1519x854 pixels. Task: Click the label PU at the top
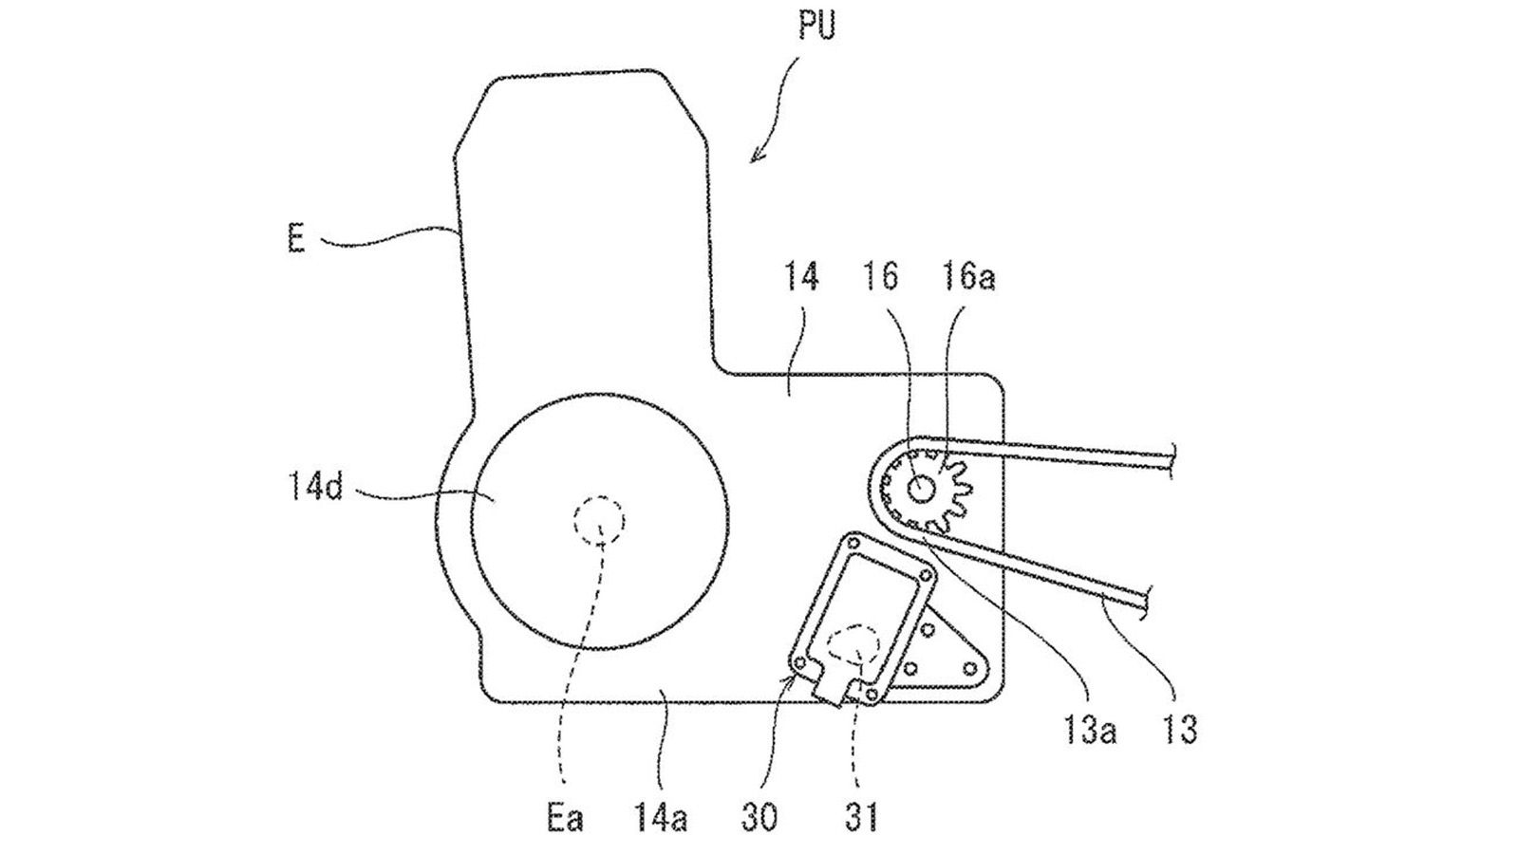point(817,26)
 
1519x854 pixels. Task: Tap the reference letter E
point(295,239)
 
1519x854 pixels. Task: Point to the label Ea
point(565,819)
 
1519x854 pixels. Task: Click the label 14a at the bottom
point(661,819)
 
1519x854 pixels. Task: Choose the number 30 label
point(759,819)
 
